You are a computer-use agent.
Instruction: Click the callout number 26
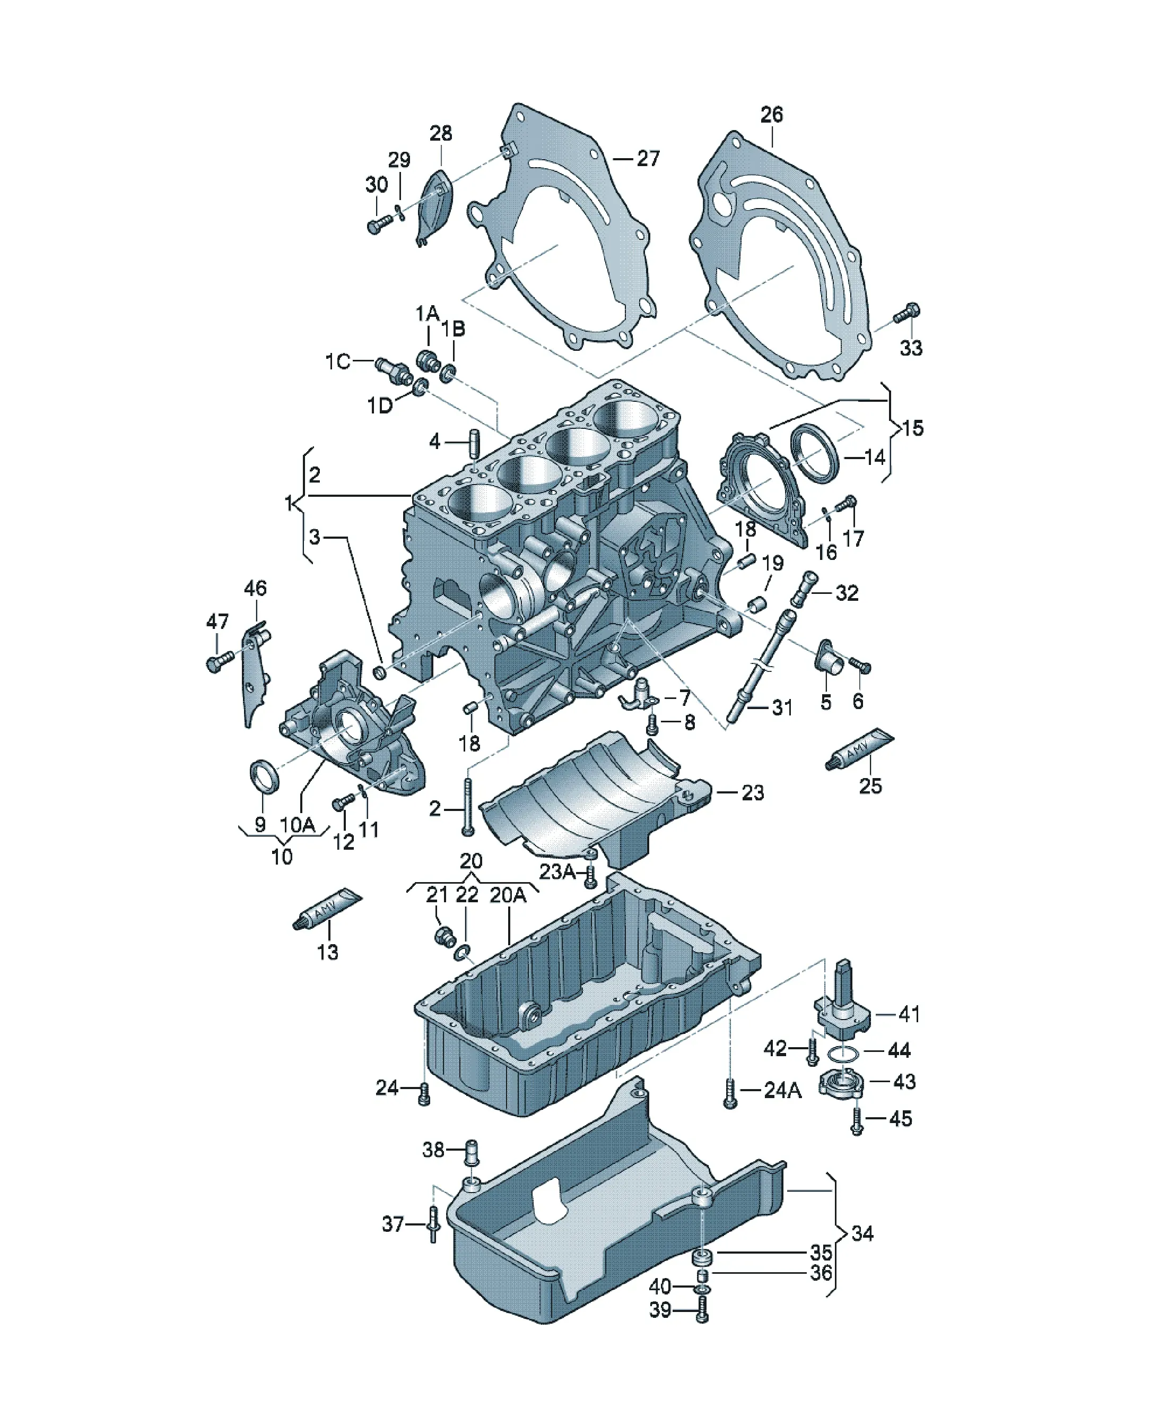[772, 115]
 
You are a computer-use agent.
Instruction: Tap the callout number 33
[911, 348]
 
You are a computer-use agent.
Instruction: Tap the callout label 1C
[338, 362]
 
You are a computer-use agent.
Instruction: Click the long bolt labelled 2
[467, 807]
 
